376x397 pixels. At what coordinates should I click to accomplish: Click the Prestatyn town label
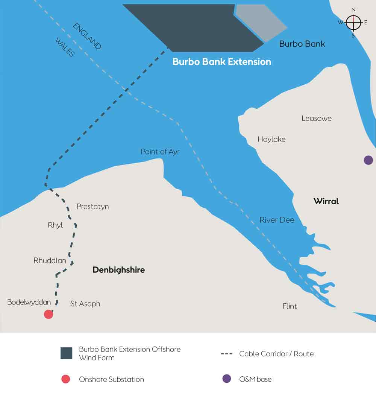[92, 207]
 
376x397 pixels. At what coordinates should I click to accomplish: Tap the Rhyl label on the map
[55, 225]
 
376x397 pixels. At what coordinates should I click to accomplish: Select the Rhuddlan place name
[50, 260]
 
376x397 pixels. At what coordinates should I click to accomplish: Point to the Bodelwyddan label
[29, 302]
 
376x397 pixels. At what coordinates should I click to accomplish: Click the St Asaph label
[85, 304]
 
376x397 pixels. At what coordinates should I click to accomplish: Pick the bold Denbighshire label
[118, 270]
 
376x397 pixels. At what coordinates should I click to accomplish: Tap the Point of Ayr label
[160, 152]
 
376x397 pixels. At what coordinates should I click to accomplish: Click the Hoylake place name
[271, 139]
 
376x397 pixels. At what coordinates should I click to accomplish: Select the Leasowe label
[317, 119]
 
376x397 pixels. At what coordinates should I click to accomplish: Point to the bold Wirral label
[326, 201]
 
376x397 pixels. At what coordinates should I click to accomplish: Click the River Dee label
[277, 220]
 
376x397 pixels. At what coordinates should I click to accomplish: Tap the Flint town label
[290, 306]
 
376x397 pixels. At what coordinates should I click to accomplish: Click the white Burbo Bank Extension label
[222, 62]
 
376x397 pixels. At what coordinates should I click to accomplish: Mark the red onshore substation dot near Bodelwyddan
[49, 314]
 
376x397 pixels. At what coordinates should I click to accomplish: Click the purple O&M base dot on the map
[368, 160]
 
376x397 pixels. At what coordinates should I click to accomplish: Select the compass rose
[353, 23]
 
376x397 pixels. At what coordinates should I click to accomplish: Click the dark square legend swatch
[67, 353]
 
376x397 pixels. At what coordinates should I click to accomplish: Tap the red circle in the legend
[66, 379]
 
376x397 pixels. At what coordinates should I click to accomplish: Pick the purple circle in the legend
[226, 379]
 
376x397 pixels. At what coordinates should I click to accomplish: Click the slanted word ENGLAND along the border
[87, 37]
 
